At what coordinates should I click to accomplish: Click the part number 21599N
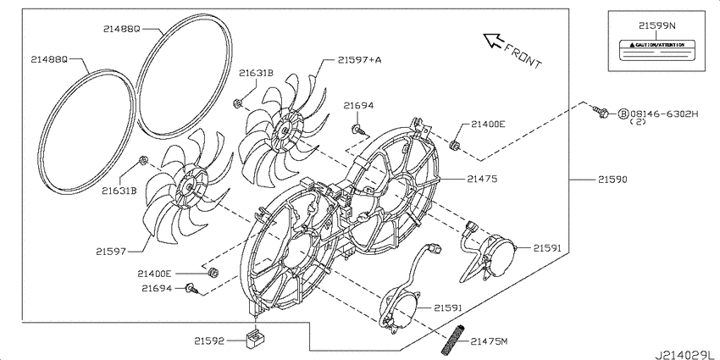657,26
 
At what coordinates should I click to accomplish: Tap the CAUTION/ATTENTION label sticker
657,51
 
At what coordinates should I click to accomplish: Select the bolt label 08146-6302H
663,114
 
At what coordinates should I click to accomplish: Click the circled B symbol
623,114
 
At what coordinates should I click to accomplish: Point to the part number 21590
612,180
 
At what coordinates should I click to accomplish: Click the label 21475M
489,341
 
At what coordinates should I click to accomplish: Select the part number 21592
208,341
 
